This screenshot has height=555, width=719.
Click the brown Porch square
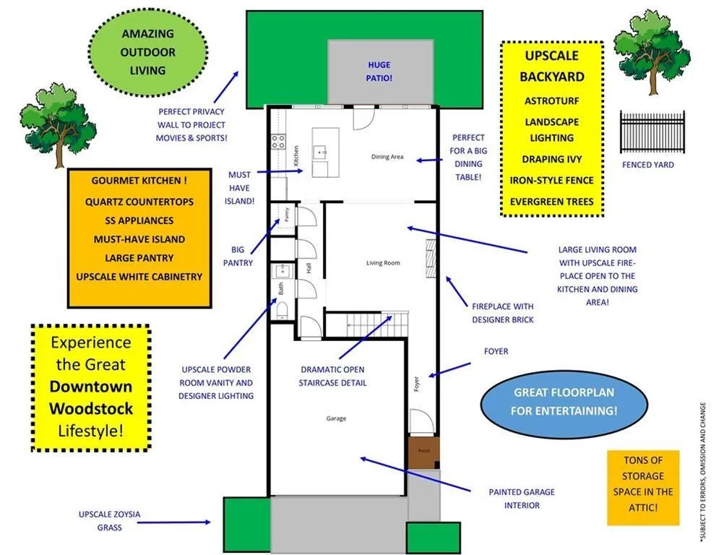click(x=423, y=452)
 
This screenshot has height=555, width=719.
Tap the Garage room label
click(x=336, y=418)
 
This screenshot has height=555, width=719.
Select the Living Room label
click(x=383, y=263)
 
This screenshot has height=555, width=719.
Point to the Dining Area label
click(x=387, y=156)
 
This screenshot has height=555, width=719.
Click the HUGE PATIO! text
click(x=379, y=72)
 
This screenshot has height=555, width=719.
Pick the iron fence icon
click(x=652, y=132)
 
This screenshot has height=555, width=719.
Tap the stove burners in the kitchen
click(x=278, y=142)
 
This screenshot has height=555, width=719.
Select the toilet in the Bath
click(x=282, y=310)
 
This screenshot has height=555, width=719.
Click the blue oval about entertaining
click(x=564, y=401)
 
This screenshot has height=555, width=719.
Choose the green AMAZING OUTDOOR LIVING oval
click(x=147, y=52)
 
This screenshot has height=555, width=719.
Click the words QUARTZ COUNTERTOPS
click(x=139, y=202)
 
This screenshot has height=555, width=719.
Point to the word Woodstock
click(x=91, y=408)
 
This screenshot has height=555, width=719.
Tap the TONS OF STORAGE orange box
click(x=643, y=488)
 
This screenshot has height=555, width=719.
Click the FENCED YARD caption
click(x=648, y=165)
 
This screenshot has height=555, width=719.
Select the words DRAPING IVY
click(x=551, y=159)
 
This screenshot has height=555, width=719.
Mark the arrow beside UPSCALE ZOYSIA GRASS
click(x=174, y=522)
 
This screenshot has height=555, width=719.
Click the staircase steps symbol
click(x=377, y=324)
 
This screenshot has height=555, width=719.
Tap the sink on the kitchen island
click(x=319, y=151)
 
